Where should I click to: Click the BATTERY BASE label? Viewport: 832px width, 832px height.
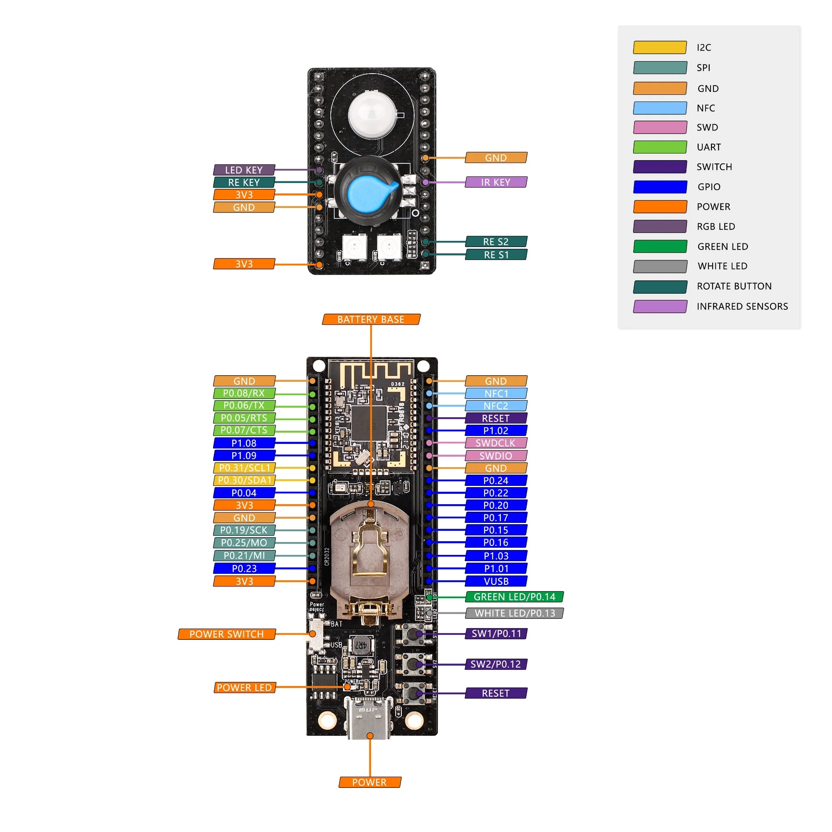tap(371, 319)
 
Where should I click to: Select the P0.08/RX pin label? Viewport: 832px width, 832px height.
tap(244, 393)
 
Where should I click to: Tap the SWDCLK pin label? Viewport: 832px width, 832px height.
tap(496, 443)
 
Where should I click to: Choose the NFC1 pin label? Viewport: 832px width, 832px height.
tap(496, 394)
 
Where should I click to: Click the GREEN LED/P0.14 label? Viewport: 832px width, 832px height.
tap(514, 597)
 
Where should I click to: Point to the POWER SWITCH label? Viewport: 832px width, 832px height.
tap(227, 634)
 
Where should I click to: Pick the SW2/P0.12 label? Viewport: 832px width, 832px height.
tap(496, 664)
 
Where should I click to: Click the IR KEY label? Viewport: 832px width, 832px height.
tap(496, 182)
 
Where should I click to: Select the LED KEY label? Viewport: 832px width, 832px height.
tap(244, 170)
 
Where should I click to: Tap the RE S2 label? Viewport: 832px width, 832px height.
tap(496, 242)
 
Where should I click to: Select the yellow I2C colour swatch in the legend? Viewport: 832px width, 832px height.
tap(660, 47)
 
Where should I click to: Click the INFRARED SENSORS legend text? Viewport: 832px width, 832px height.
tap(742, 307)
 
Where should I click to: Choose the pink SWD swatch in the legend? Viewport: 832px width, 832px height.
tap(660, 127)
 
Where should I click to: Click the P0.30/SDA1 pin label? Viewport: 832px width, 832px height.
tap(244, 480)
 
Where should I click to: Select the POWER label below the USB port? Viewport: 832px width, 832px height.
tap(369, 782)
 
